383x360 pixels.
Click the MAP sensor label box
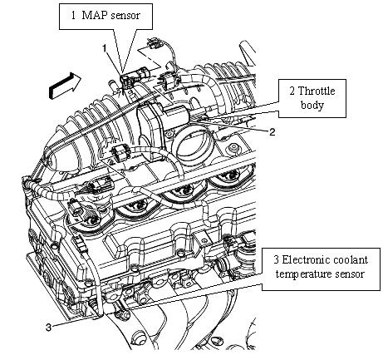(x=106, y=17)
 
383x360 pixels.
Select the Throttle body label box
(x=312, y=98)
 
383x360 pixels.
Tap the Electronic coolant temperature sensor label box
(x=321, y=269)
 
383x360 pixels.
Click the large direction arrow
(x=65, y=85)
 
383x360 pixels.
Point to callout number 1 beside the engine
(x=105, y=48)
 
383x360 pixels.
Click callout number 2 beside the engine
(x=273, y=132)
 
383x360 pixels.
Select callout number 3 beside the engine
(x=48, y=328)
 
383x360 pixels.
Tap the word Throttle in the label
(x=317, y=91)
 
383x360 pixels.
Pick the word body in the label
(x=312, y=106)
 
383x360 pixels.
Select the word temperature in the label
(x=304, y=274)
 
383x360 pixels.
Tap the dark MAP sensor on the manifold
(x=128, y=81)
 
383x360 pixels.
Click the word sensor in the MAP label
(x=125, y=16)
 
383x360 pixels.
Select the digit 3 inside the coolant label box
(x=277, y=259)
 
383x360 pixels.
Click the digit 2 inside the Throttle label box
(x=292, y=91)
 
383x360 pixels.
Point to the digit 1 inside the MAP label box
(x=73, y=15)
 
